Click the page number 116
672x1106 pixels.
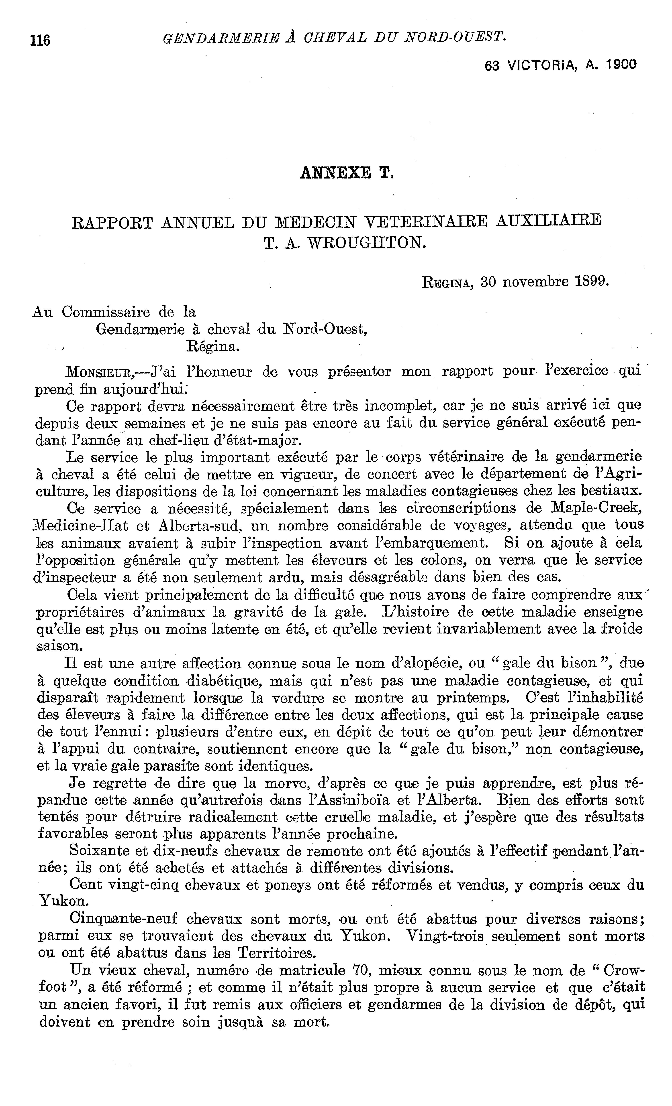click(x=40, y=40)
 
